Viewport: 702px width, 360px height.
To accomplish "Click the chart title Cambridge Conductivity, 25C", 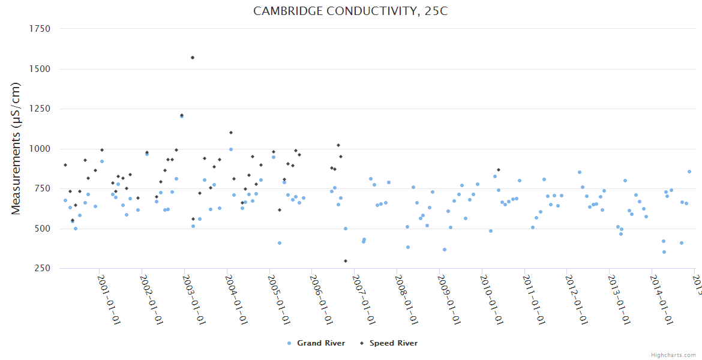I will [350, 11].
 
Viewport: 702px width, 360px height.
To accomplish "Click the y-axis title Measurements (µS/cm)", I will [16, 148].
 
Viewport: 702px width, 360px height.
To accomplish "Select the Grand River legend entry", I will [316, 343].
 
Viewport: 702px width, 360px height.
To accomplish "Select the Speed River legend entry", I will [388, 343].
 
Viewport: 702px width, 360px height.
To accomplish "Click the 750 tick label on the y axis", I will [41, 188].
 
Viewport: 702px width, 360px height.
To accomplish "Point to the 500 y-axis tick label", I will [41, 229].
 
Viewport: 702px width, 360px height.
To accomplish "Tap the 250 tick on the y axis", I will [41, 268].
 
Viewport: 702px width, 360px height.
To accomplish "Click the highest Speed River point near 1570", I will [193, 58].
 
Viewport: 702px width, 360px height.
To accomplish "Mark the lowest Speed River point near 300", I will [346, 261].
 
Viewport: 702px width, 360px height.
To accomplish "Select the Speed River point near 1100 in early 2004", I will [231, 133].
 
